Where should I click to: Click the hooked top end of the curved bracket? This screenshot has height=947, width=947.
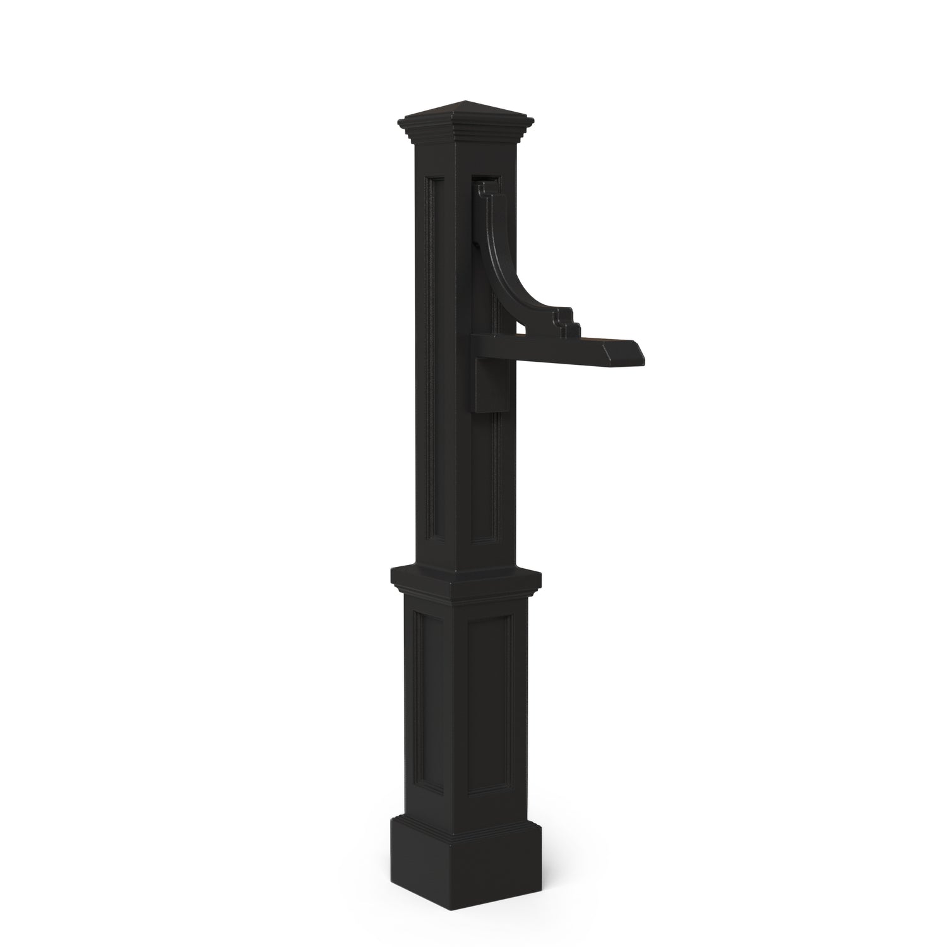click(x=484, y=188)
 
